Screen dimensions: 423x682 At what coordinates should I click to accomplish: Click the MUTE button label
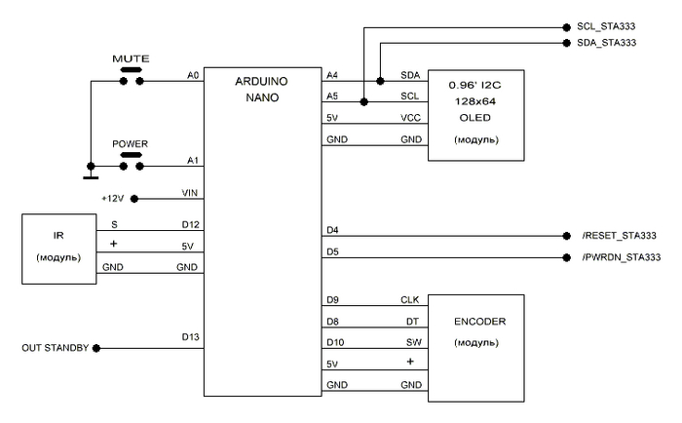pyautogui.click(x=130, y=58)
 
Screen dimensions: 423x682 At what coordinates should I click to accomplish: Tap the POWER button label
pyautogui.click(x=130, y=143)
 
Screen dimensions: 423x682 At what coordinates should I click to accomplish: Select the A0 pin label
pyautogui.click(x=192, y=74)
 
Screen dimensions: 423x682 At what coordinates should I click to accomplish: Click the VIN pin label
pyautogui.click(x=190, y=192)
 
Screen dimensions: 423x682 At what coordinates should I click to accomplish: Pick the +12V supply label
pyautogui.click(x=114, y=198)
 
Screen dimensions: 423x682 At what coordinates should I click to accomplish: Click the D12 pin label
pyautogui.click(x=189, y=225)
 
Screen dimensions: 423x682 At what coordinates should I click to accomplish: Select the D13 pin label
pyautogui.click(x=189, y=337)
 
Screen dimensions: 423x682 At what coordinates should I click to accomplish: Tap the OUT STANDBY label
pyautogui.click(x=55, y=348)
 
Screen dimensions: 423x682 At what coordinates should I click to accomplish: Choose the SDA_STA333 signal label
pyautogui.click(x=607, y=43)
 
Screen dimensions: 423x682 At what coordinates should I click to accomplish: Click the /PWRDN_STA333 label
pyautogui.click(x=619, y=257)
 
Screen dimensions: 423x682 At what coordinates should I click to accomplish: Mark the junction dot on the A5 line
pyautogui.click(x=363, y=100)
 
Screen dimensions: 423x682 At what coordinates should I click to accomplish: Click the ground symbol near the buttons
pyautogui.click(x=91, y=176)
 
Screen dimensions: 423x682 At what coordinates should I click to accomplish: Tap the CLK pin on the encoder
pyautogui.click(x=410, y=300)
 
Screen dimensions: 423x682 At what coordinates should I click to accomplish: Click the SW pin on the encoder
pyautogui.click(x=412, y=342)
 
